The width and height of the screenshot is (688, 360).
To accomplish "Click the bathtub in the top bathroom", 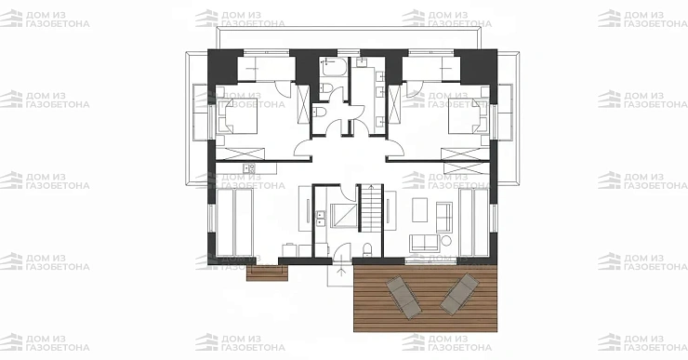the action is point(334,67).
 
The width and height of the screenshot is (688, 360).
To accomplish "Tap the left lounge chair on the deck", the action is point(404,297).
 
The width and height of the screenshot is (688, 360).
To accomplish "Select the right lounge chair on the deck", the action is point(459,294).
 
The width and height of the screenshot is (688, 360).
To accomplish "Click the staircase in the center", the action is point(372,207).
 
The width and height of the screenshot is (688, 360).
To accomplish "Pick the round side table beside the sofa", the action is point(445,241).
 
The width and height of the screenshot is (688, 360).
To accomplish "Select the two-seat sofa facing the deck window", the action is point(424,243).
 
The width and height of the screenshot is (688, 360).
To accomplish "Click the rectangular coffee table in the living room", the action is point(420,209).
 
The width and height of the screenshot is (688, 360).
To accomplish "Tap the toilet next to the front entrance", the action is point(367,249).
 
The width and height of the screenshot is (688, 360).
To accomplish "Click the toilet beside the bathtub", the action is point(326,88).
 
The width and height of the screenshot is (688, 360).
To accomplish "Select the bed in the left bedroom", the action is point(237,115).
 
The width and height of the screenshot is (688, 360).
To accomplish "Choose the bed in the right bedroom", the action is point(468,115).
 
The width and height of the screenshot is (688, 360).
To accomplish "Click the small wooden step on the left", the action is point(267,273).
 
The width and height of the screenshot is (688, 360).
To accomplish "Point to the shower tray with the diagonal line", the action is point(344,215).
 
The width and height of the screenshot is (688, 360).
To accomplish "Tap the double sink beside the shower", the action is point(321,219).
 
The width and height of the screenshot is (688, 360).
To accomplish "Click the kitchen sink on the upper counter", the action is point(249,167).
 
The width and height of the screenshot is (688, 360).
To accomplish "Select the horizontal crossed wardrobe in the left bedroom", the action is point(240,154).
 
